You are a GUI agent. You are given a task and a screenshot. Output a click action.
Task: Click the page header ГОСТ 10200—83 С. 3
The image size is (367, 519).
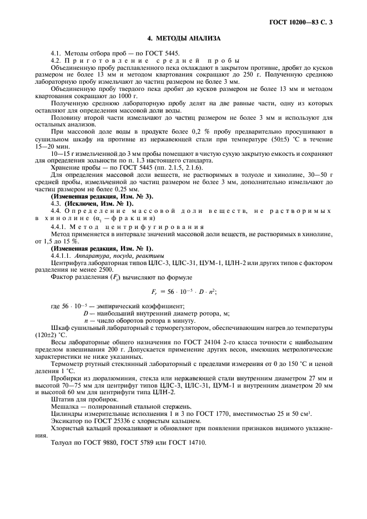(x=305, y=23)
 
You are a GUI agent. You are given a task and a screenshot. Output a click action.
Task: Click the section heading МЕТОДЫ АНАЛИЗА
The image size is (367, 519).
(x=184, y=38)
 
